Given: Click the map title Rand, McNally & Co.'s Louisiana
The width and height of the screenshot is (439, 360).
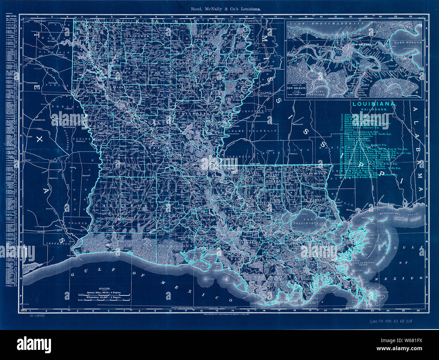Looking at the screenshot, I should [223, 10].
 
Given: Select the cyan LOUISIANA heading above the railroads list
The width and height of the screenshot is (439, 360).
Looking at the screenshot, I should [374, 104].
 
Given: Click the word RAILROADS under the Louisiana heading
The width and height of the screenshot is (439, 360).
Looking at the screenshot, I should [374, 110].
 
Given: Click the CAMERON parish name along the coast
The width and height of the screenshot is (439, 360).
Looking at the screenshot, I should [111, 244].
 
